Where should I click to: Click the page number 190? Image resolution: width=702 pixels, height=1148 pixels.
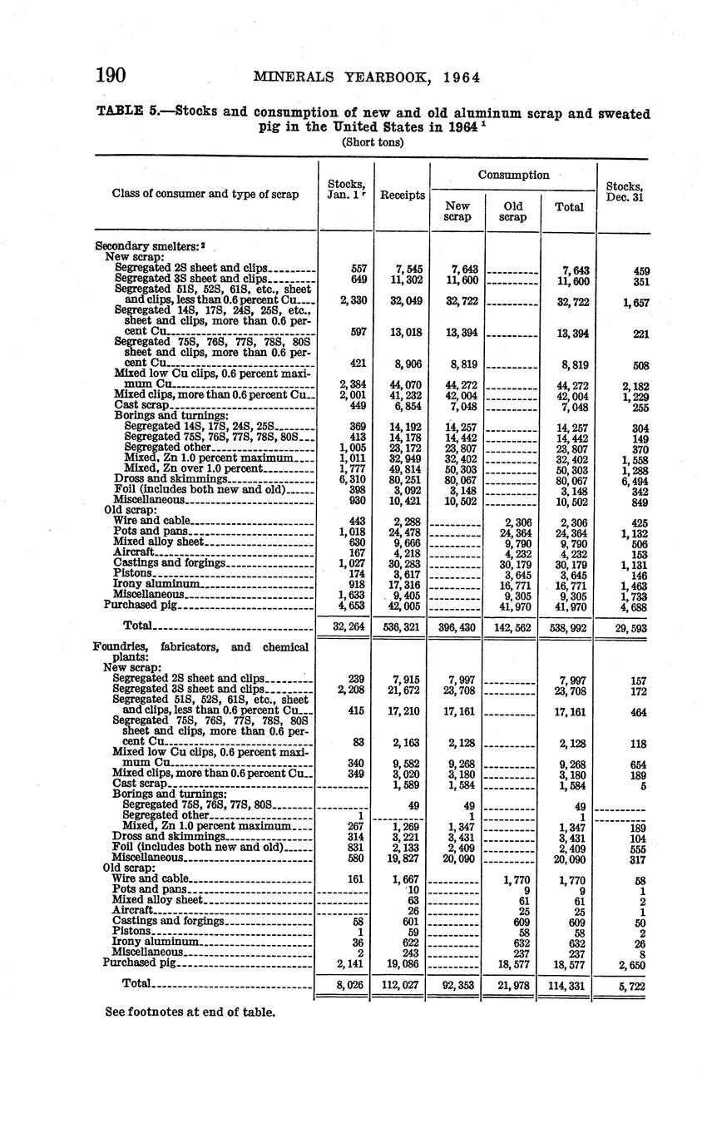point(110,76)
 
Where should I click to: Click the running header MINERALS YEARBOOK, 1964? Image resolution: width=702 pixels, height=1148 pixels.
point(366,77)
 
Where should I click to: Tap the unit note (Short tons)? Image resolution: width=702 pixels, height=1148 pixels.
point(372,142)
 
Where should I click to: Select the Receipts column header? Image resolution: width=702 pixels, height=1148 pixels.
point(403,195)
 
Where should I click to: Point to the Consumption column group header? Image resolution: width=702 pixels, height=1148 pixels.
point(513,175)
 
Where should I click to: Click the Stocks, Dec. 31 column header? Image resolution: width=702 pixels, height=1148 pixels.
point(623,192)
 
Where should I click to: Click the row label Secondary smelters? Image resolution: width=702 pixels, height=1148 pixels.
point(148,246)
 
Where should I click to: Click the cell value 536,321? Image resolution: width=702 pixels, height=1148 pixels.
point(402,626)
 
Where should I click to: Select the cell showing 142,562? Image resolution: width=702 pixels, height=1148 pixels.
point(512,626)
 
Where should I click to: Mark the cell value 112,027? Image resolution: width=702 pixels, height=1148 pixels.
point(402,984)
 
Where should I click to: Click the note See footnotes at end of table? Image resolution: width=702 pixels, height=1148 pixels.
point(190,1012)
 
